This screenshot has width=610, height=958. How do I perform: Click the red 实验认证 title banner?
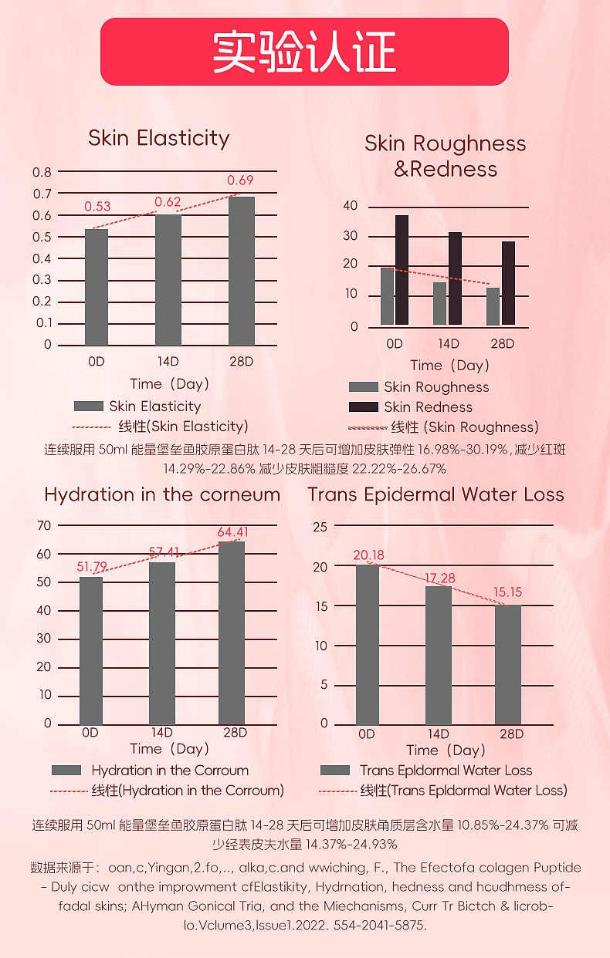(304, 52)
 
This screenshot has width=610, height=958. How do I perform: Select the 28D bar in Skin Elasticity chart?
(242, 271)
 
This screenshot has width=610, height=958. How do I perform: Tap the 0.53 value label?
(97, 206)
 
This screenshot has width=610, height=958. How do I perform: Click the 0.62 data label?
(168, 202)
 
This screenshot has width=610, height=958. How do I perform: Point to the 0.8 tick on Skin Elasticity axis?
(42, 172)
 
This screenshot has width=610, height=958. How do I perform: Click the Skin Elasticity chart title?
(158, 138)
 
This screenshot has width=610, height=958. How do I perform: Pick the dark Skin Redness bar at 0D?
(402, 270)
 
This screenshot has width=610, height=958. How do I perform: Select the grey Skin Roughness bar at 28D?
(493, 306)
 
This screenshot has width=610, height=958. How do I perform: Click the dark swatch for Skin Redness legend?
(363, 406)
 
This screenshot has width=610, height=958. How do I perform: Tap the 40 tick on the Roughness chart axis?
(351, 206)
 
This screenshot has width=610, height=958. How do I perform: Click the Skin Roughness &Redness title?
(445, 156)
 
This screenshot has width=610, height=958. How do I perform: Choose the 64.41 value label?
(232, 532)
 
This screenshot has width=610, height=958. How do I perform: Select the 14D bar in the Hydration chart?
(161, 643)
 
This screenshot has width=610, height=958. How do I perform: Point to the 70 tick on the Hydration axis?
(43, 525)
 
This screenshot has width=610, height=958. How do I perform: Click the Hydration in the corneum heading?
(162, 494)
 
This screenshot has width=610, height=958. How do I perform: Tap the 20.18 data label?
(368, 555)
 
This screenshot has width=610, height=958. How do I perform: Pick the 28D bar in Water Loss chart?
(507, 664)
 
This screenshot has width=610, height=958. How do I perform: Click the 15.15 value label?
(508, 592)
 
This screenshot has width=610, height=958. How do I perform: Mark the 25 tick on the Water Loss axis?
(320, 528)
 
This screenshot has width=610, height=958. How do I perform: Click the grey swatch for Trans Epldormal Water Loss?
(335, 770)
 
